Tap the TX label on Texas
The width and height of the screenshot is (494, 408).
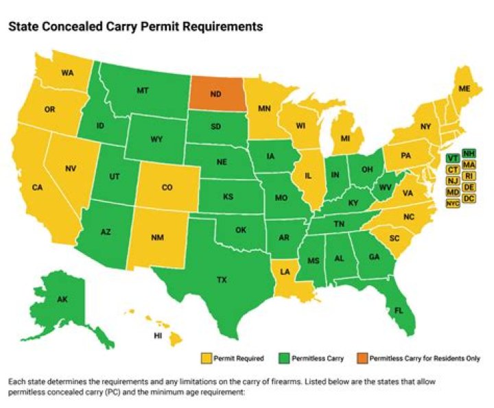(x=222, y=280)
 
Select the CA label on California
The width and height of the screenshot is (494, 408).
(x=38, y=187)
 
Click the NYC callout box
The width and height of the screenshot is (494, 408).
(x=453, y=204)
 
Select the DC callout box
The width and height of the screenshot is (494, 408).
(x=469, y=198)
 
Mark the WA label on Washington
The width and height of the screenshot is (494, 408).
(x=67, y=72)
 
